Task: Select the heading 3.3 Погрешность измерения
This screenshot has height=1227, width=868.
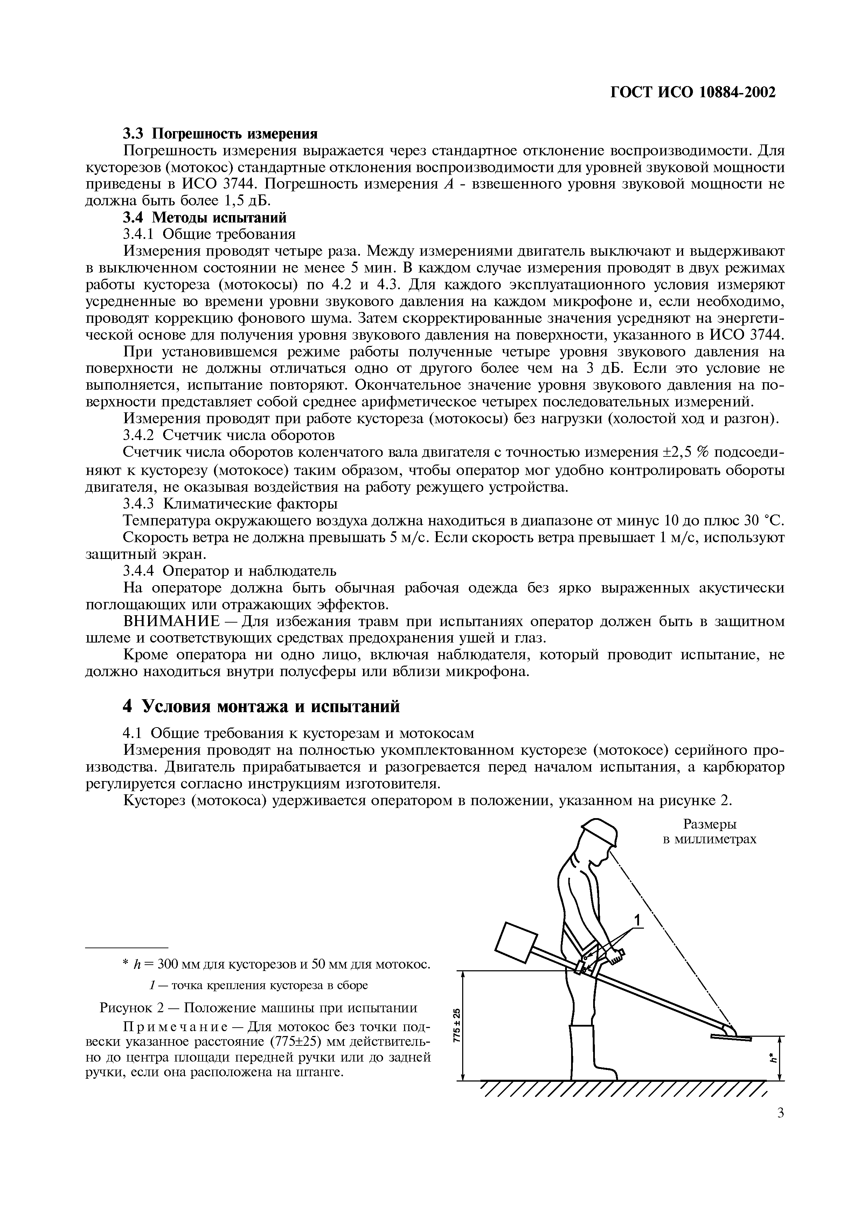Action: coord(220,133)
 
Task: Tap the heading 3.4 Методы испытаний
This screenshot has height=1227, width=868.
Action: coord(205,218)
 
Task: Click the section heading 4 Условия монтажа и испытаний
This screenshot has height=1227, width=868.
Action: coord(262,707)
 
